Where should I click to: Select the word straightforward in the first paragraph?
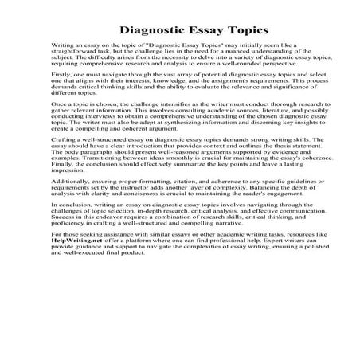click(x=80, y=56)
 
